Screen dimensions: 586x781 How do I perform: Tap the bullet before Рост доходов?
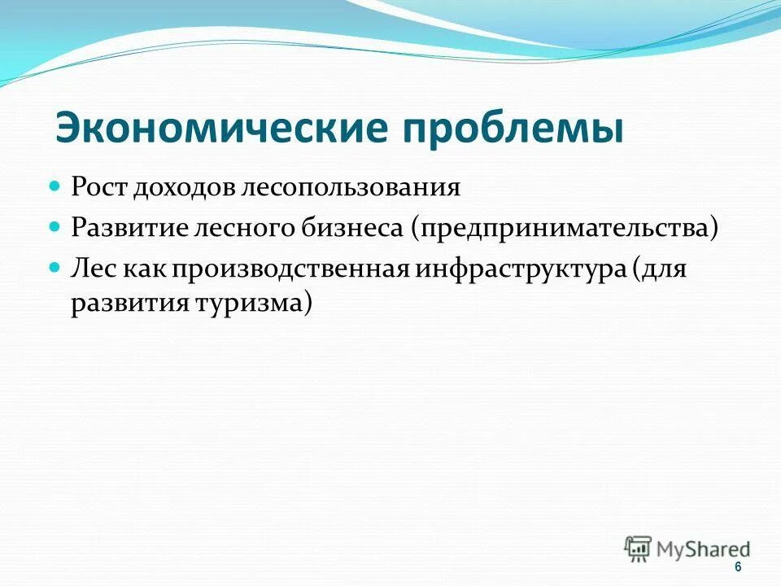55,186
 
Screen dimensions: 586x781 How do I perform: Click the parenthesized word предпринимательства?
564,229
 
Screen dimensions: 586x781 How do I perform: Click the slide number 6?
737,567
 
